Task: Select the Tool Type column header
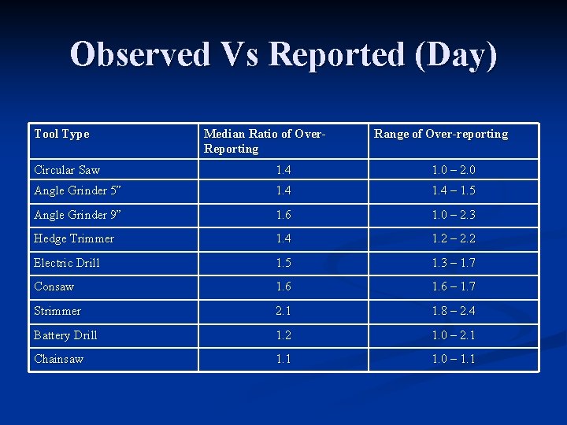pos(61,134)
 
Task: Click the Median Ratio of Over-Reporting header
pos(265,141)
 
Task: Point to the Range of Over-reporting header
pos(441,134)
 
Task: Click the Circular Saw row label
pos(67,170)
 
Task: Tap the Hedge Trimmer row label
pos(74,238)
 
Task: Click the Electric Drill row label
pos(67,263)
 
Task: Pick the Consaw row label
pos(54,286)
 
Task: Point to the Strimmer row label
pos(57,311)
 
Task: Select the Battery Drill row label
pos(65,335)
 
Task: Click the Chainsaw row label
pos(59,359)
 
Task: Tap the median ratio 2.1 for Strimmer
pos(283,311)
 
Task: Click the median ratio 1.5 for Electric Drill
pos(283,263)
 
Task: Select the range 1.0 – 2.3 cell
pos(454,215)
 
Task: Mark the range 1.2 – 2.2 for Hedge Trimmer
pos(454,238)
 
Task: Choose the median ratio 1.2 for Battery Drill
pos(283,335)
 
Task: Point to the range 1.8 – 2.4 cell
pos(454,311)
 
